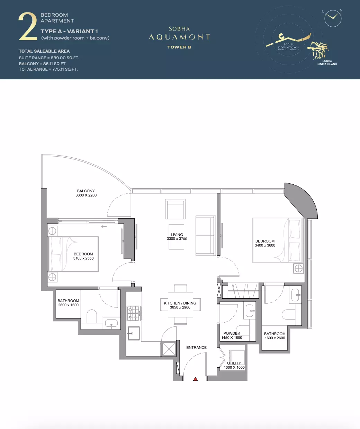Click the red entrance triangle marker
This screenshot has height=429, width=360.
(195, 379)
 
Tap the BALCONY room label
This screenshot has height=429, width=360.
(86, 191)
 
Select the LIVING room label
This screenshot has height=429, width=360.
(177, 235)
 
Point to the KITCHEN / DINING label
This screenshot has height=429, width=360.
(180, 303)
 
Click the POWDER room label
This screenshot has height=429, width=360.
(232, 333)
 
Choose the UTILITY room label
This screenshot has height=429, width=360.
(234, 363)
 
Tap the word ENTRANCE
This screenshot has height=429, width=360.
(196, 348)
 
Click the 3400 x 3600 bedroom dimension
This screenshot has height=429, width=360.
(265, 245)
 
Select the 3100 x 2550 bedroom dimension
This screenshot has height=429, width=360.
(83, 258)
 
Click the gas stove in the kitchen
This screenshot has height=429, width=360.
(134, 313)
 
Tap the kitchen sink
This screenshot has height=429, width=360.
(134, 333)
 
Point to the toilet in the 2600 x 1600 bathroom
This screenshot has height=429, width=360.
(92, 316)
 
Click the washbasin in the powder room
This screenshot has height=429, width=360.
(250, 310)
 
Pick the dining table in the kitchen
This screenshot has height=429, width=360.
(180, 305)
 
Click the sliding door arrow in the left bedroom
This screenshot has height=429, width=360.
(104, 227)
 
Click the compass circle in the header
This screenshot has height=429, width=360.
(333, 18)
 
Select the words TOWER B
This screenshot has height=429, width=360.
(179, 47)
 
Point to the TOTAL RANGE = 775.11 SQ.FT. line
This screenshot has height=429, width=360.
(48, 69)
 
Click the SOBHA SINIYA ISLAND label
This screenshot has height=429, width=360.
(327, 62)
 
